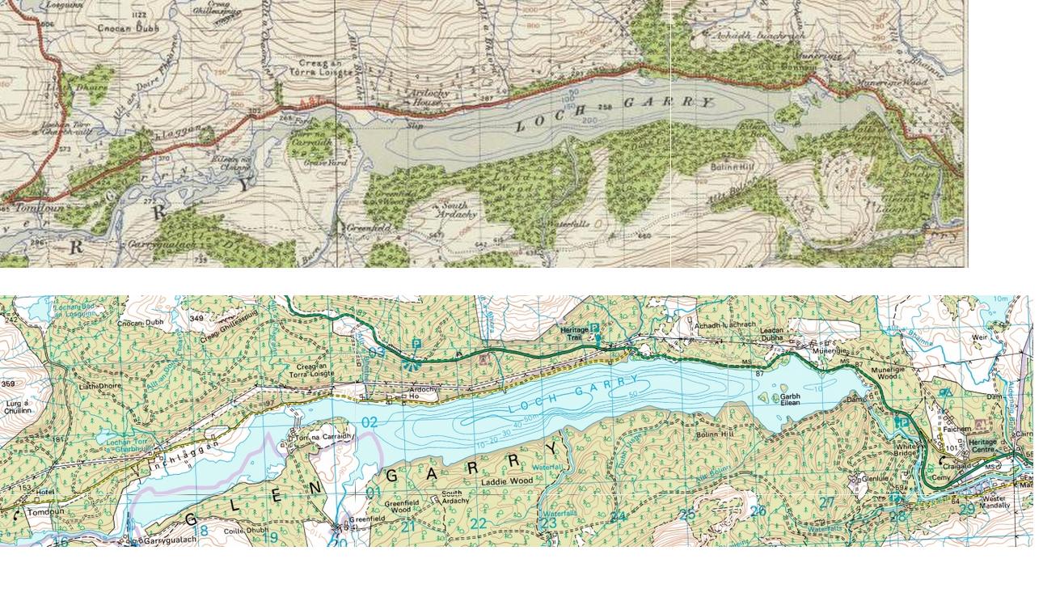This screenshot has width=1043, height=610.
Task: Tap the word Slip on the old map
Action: tap(415, 125)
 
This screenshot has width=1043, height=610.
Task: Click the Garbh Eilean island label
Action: tap(791, 400)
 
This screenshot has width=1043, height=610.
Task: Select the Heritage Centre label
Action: tap(982, 446)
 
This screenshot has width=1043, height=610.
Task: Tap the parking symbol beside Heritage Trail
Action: tap(594, 328)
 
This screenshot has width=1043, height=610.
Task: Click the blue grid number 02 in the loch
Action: tap(369, 422)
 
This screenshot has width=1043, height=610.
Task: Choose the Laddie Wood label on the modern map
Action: tap(507, 481)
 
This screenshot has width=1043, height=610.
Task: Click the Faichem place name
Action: tap(956, 430)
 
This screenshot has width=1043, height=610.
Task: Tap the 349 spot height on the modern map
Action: tap(196, 319)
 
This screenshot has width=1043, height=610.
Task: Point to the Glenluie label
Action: tap(875, 478)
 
